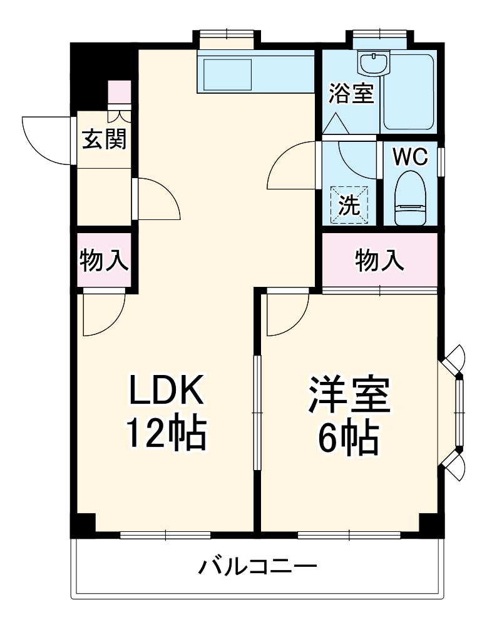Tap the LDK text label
[167, 391]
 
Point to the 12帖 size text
[167, 434]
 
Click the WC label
[410, 156]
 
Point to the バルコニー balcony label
[258, 567]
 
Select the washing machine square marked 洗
[350, 204]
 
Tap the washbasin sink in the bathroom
[373, 62]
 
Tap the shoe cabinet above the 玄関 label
[119, 94]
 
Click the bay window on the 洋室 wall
[459, 413]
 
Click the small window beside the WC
[441, 162]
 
